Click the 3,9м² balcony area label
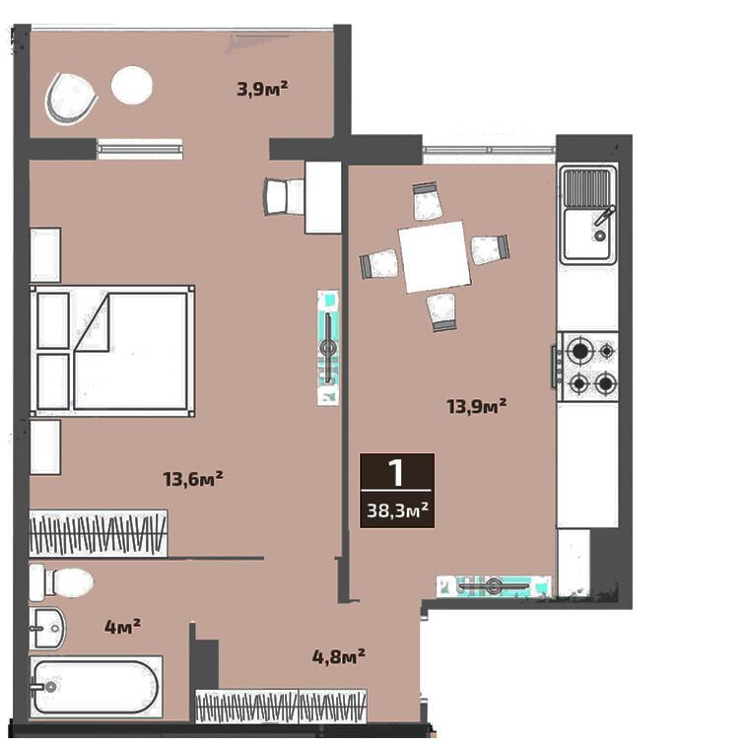[262, 89]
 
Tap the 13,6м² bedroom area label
[193, 479]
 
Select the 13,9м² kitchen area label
[476, 406]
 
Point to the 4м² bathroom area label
[122, 626]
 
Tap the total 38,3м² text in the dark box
[397, 510]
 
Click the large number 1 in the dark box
[396, 472]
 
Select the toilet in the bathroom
[61, 582]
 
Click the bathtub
[96, 687]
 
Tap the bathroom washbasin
[47, 628]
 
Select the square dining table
[435, 257]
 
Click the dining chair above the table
[427, 201]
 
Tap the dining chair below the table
[442, 312]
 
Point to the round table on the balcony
[132, 86]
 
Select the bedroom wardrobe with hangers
[98, 534]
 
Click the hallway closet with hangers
[281, 706]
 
